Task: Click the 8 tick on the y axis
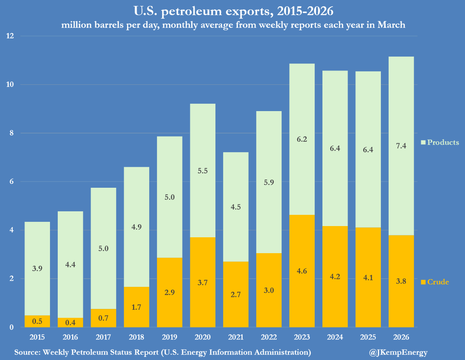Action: click(11, 133)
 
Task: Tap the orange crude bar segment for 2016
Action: click(70, 322)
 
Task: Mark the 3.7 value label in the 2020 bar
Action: click(203, 283)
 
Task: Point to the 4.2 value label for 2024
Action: click(335, 277)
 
